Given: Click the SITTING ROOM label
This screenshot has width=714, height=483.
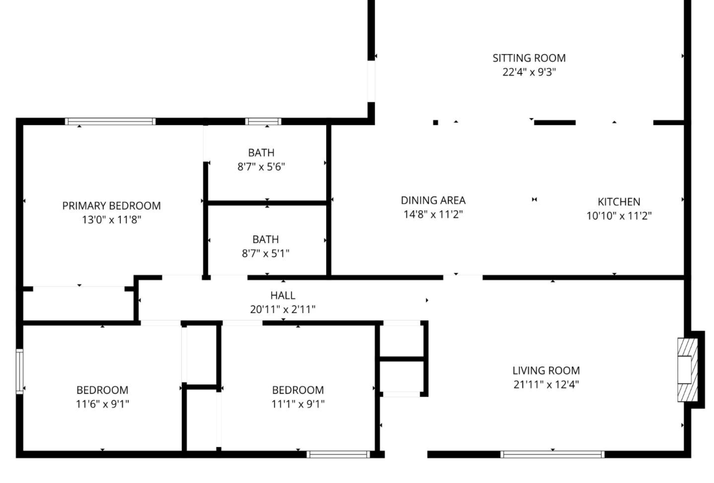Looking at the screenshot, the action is pyautogui.click(x=529, y=58).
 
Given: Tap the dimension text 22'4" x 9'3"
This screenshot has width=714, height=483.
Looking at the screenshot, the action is pyautogui.click(x=529, y=72).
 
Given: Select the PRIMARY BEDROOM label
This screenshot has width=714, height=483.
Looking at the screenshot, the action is pyautogui.click(x=111, y=206).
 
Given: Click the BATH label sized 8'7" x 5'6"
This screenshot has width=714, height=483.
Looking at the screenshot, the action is pyautogui.click(x=261, y=153).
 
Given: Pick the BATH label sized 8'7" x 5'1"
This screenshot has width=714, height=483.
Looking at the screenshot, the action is pyautogui.click(x=265, y=239).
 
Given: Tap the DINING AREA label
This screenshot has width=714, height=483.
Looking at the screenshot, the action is pyautogui.click(x=433, y=200).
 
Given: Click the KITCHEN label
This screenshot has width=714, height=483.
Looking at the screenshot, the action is pyautogui.click(x=619, y=202).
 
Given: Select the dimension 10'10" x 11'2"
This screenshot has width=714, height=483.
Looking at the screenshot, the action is pyautogui.click(x=619, y=216).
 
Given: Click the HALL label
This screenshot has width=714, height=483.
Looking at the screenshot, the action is pyautogui.click(x=283, y=295).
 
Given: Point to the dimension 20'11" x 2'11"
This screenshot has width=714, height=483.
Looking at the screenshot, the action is pyautogui.click(x=283, y=309).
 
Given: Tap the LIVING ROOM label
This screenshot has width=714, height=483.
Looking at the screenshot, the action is pyautogui.click(x=546, y=370).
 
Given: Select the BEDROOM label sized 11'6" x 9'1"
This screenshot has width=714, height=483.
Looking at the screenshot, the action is pyautogui.click(x=102, y=390).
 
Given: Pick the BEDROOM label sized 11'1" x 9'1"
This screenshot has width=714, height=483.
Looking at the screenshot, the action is pyautogui.click(x=298, y=390).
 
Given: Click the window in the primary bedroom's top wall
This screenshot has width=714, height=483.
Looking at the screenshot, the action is pyautogui.click(x=110, y=121).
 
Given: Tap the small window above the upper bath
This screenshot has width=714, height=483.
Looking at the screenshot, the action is pyautogui.click(x=263, y=121).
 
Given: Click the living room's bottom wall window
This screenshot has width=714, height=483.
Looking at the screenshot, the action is pyautogui.click(x=552, y=454).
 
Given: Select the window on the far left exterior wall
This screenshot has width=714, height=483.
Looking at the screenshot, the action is pyautogui.click(x=20, y=371).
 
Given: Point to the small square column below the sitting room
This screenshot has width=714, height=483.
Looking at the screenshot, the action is pyautogui.click(x=435, y=123).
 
